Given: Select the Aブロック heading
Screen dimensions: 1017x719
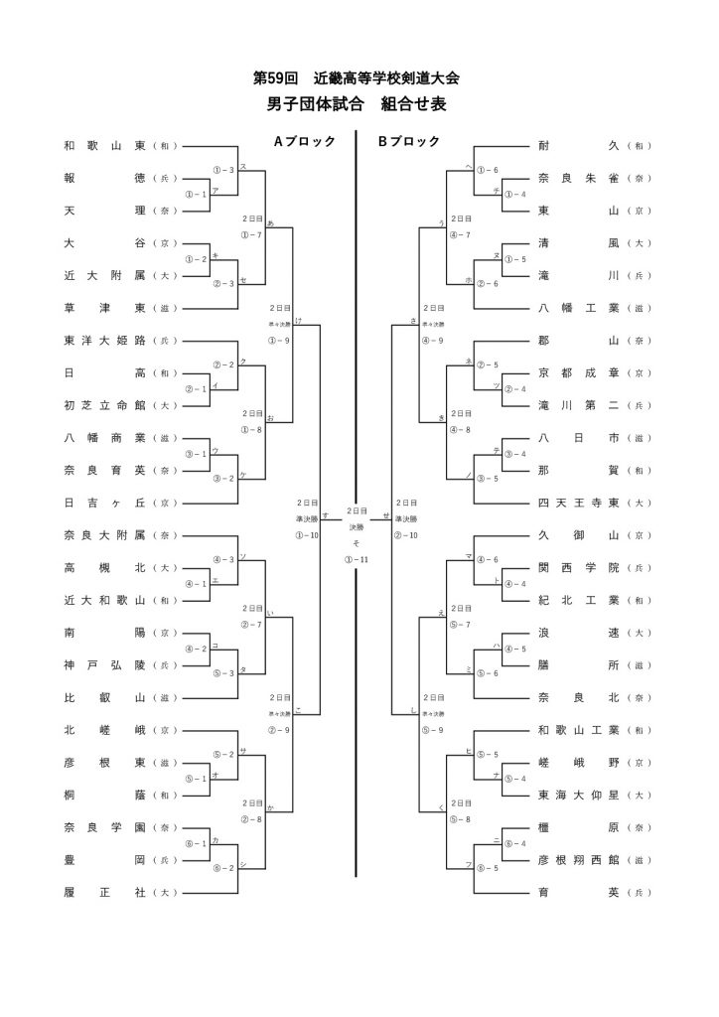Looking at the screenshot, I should pyautogui.click(x=305, y=142).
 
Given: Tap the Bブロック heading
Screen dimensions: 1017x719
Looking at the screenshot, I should pyautogui.click(x=408, y=142).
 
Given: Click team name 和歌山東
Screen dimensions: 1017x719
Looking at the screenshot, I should pyautogui.click(x=105, y=146).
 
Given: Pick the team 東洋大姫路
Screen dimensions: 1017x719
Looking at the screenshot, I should pyautogui.click(x=105, y=341).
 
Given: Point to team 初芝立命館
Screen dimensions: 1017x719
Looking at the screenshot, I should pyautogui.click(x=105, y=405).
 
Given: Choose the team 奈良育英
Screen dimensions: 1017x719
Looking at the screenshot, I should pyautogui.click(x=105, y=470).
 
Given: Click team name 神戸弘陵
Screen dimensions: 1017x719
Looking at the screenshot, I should pyautogui.click(x=105, y=664).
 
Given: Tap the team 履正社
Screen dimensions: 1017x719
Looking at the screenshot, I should pyautogui.click(x=105, y=892).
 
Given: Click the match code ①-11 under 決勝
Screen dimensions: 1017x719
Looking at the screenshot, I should pyautogui.click(x=356, y=560).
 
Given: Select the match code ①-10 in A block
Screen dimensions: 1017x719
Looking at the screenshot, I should pyautogui.click(x=307, y=535).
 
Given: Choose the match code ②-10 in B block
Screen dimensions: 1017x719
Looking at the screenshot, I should pyautogui.click(x=406, y=535).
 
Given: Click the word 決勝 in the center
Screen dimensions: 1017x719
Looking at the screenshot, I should pyautogui.click(x=356, y=527).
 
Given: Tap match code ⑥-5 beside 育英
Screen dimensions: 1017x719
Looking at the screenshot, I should pyautogui.click(x=488, y=868).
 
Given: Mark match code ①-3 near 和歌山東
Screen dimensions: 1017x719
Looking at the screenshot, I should pyautogui.click(x=223, y=170).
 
